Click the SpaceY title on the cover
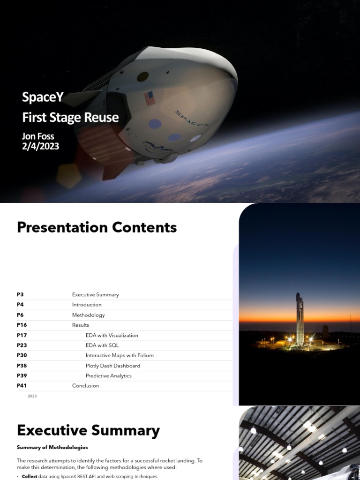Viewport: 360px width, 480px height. pyautogui.click(x=43, y=97)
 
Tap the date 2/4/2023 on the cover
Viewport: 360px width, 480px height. pyautogui.click(x=41, y=146)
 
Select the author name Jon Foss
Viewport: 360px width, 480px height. pyautogui.click(x=38, y=136)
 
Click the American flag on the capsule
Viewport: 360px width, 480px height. pyautogui.click(x=150, y=98)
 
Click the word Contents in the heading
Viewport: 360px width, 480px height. pyautogui.click(x=141, y=228)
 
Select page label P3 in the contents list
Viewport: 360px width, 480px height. pyautogui.click(x=20, y=295)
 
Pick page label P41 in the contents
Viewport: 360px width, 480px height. pyautogui.click(x=22, y=386)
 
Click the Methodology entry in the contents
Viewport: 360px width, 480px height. pyautogui.click(x=89, y=315)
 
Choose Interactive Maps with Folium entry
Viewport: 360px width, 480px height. pyautogui.click(x=120, y=355)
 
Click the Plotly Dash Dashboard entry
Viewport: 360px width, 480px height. pyautogui.click(x=113, y=366)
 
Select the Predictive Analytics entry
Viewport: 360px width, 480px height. pyautogui.click(x=109, y=376)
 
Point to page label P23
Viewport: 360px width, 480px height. pyautogui.click(x=22, y=345)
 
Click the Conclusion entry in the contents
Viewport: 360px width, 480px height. pyautogui.click(x=86, y=386)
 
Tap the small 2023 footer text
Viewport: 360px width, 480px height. pyautogui.click(x=32, y=396)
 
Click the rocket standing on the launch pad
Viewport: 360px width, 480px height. pyautogui.click(x=300, y=319)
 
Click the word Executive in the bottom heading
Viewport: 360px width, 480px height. pyautogui.click(x=52, y=430)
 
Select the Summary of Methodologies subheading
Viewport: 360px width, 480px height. pyautogui.click(x=52, y=447)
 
